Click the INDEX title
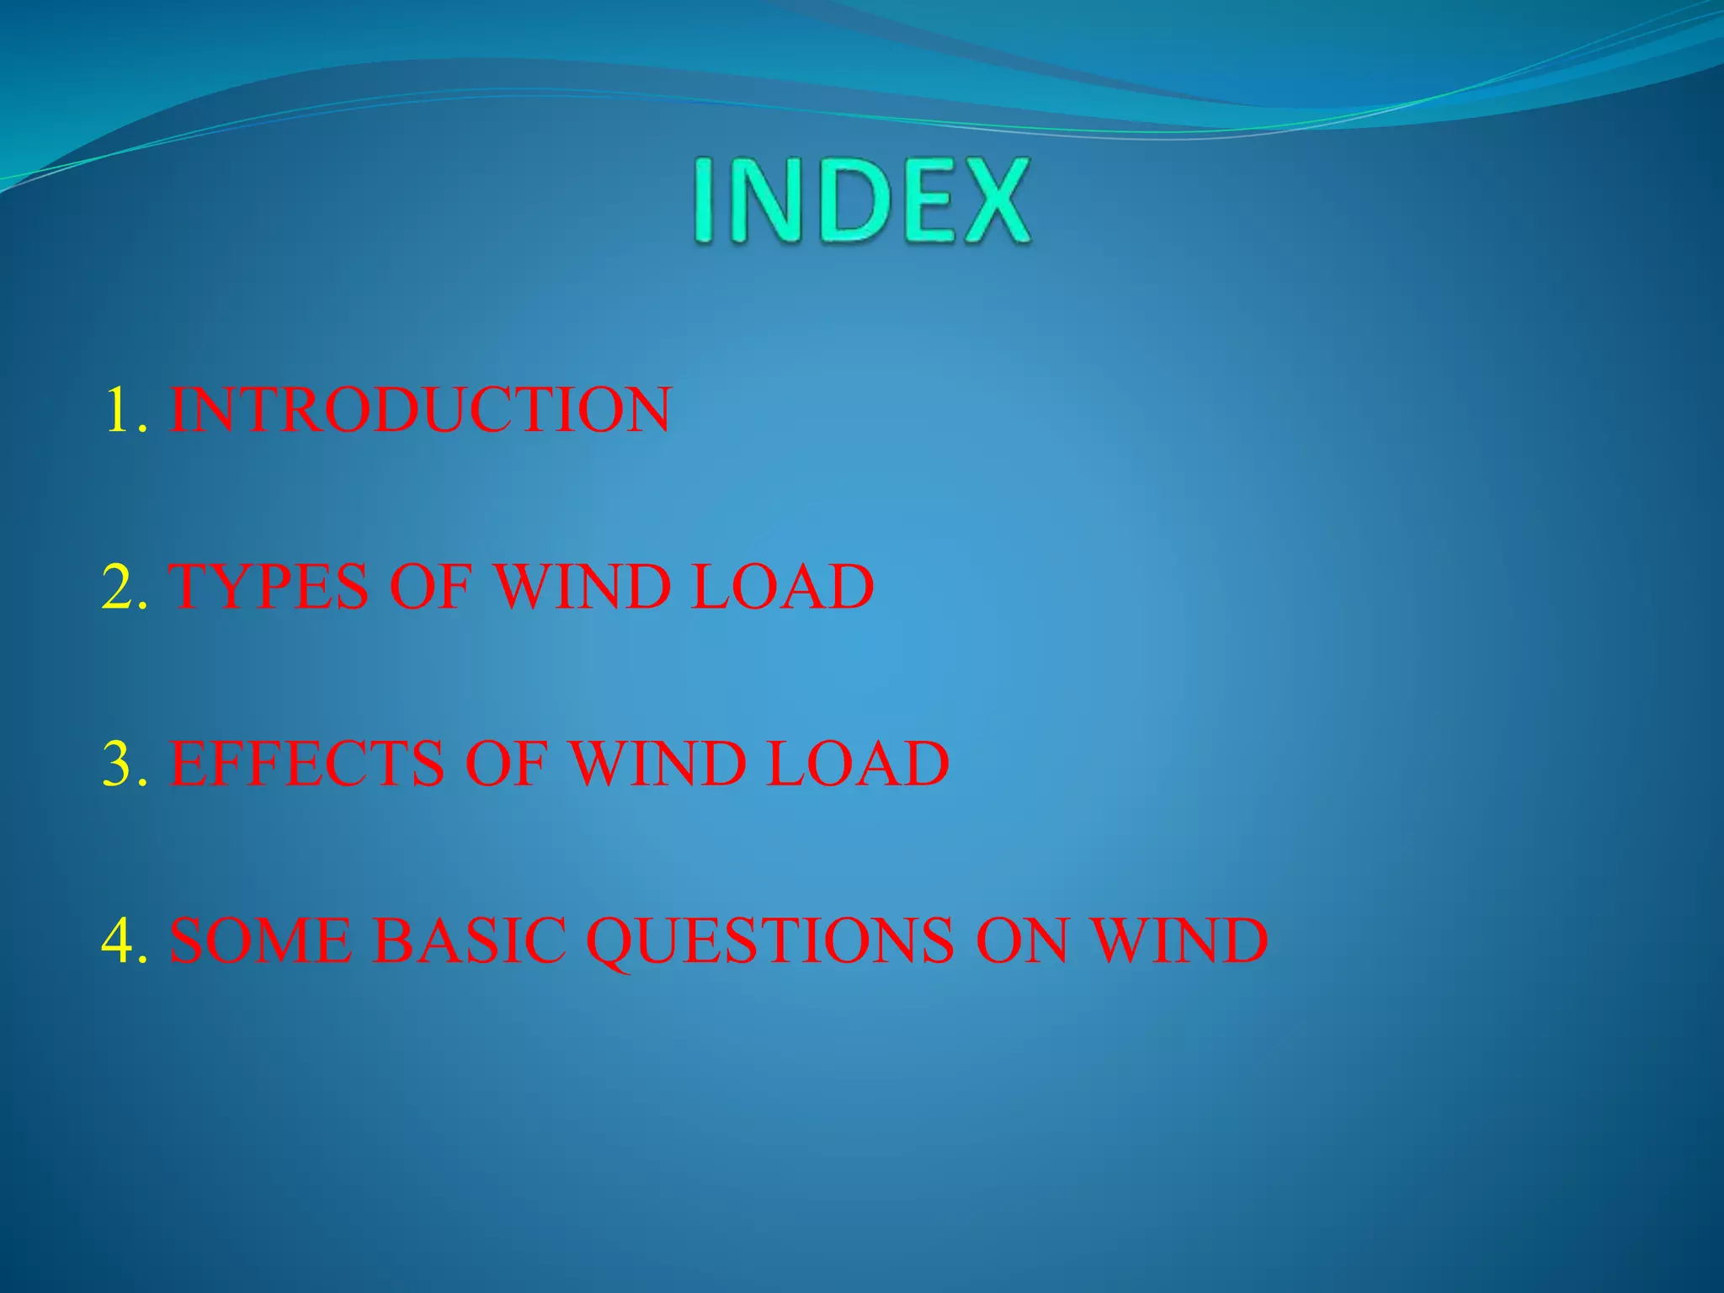(x=860, y=202)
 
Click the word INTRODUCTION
(x=420, y=410)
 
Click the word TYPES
(x=269, y=587)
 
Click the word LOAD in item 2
(x=782, y=587)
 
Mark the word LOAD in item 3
(x=858, y=764)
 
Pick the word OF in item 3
(x=505, y=764)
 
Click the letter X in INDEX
(x=993, y=202)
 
